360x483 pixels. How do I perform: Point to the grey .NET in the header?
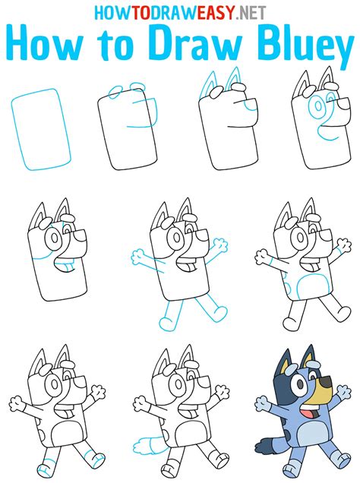point(251,12)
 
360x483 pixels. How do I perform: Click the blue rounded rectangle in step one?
point(41,129)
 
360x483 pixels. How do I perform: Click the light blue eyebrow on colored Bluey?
point(314,365)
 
